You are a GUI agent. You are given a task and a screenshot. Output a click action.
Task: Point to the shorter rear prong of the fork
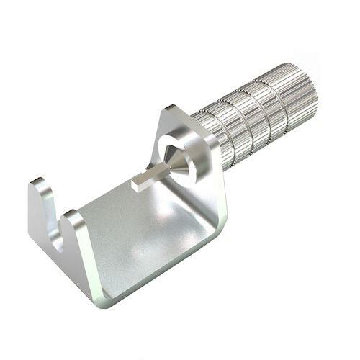(41, 205)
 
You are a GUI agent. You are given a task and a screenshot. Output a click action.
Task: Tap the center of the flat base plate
(144, 230)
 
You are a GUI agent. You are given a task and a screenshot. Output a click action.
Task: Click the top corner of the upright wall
(171, 109)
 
